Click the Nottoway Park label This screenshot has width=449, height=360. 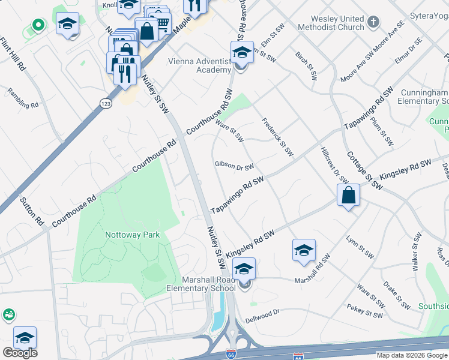tap(133, 235)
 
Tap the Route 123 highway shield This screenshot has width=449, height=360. tap(106, 103)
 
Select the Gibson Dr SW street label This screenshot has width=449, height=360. tap(234, 166)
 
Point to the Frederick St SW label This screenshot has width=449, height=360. tap(277, 135)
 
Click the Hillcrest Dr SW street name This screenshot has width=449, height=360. tap(334, 165)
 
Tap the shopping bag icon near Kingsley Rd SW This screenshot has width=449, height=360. tap(349, 196)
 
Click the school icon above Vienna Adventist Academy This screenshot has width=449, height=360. tap(241, 53)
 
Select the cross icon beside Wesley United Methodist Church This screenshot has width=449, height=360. tap(373, 23)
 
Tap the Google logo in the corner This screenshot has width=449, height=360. tap(20, 352)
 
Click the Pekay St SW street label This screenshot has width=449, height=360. tap(364, 311)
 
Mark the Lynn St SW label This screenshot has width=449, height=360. tap(360, 247)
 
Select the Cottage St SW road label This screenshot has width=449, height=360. tap(364, 170)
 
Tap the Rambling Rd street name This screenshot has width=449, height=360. tap(23, 98)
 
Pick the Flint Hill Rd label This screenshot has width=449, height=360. tap(12, 55)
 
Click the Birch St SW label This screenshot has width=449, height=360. tap(306, 65)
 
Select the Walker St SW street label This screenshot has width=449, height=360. tap(416, 254)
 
